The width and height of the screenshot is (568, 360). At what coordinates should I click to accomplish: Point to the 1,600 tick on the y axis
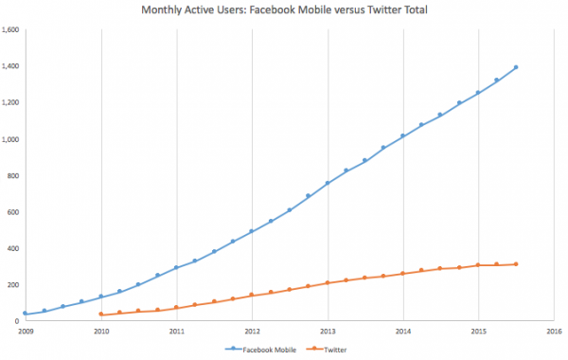click(x=10, y=30)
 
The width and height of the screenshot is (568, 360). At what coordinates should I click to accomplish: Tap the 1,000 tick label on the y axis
click(x=10, y=139)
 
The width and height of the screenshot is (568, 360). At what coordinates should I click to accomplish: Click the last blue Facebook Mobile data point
click(x=515, y=67)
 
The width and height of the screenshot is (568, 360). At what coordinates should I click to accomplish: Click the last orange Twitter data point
click(x=515, y=264)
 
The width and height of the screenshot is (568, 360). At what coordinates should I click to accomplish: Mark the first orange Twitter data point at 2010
click(x=101, y=314)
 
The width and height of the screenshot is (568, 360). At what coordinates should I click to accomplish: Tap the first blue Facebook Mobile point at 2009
click(x=26, y=313)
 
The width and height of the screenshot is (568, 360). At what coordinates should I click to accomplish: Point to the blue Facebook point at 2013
click(x=328, y=183)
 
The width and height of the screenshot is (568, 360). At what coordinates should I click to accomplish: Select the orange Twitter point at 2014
click(x=402, y=273)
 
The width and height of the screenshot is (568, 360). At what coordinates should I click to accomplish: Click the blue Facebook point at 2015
click(x=478, y=93)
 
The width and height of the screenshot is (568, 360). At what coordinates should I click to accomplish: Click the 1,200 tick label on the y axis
click(x=10, y=102)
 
